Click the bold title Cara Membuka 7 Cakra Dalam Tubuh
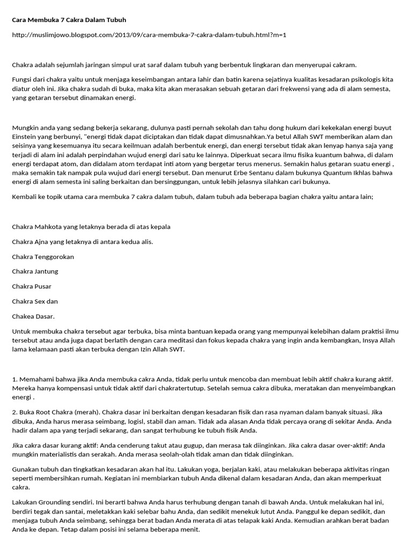(69, 20)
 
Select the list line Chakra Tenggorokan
(43, 257)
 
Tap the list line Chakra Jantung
(35, 272)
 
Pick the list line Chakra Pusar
(32, 286)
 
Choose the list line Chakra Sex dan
(35, 301)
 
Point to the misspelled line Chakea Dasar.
(33, 316)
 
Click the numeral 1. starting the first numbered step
(14, 380)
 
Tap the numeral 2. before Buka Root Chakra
(14, 413)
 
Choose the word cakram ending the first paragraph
(344, 65)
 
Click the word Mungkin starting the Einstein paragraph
(25, 128)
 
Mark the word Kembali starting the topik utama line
(25, 197)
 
